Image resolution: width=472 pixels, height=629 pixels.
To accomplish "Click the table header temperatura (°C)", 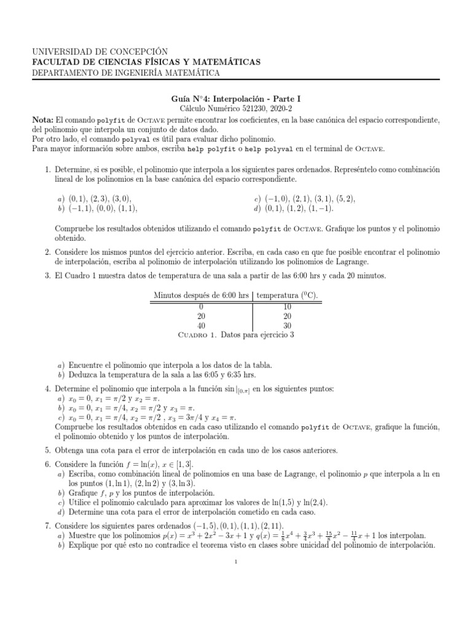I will pyautogui.click(x=287, y=295).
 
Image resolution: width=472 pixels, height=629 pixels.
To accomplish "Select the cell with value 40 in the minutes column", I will pyautogui.click(x=201, y=325).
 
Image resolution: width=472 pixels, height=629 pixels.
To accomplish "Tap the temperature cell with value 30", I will pyautogui.click(x=287, y=325).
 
